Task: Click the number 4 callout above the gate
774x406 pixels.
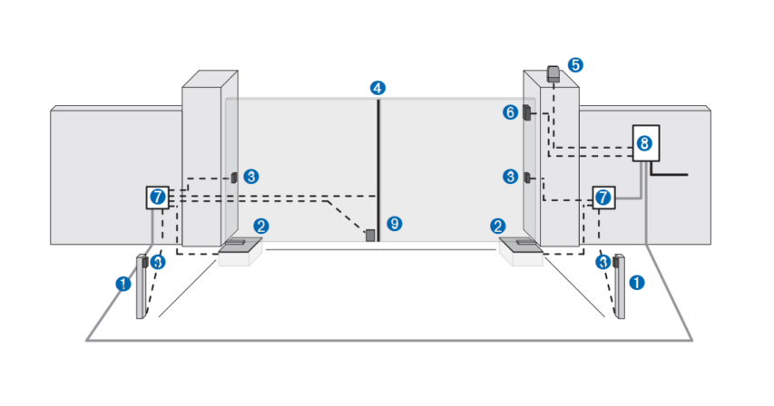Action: [377, 88]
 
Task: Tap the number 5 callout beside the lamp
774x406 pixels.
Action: [576, 65]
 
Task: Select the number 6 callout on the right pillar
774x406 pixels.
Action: [511, 112]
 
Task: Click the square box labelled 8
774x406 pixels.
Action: [643, 143]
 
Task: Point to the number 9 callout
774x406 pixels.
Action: [393, 223]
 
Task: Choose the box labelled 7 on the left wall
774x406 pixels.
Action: [158, 196]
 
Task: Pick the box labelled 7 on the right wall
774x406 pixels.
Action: [604, 197]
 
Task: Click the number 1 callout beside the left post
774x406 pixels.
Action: [123, 283]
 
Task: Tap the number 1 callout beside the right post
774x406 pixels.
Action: [637, 283]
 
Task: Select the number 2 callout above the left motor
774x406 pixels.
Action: [260, 226]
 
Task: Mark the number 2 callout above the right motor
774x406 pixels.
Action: [497, 226]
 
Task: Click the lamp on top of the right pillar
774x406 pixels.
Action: [553, 73]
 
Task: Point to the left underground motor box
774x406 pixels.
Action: [240, 251]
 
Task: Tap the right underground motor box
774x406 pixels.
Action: [521, 251]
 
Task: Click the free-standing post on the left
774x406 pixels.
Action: [142, 288]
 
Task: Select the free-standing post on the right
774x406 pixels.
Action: [620, 288]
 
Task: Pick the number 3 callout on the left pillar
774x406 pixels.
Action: [251, 175]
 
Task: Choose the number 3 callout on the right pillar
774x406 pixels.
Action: [511, 176]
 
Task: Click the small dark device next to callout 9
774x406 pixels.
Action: [370, 236]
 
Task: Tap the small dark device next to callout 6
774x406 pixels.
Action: [526, 113]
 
